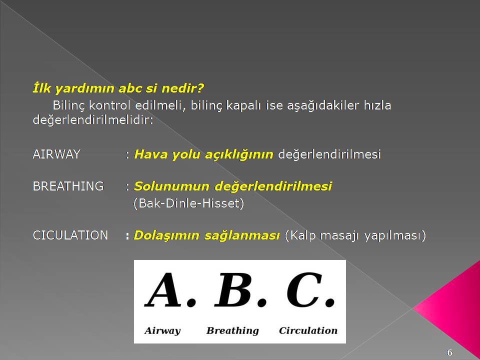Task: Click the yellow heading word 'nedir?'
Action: pos(182,88)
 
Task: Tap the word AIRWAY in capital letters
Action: pos(56,154)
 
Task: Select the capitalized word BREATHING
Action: pos(68,186)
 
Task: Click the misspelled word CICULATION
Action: pos(70,235)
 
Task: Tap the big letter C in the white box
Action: pos(304,289)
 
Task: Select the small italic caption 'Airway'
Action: pos(162,330)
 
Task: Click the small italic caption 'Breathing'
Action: pos(232,330)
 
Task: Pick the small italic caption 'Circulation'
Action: pos(308,330)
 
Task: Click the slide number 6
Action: pos(449,352)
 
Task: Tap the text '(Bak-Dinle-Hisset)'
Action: pos(188,203)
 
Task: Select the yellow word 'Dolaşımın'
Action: pos(166,235)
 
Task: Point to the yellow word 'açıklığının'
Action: pos(239,154)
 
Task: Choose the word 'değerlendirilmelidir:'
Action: pos(93,120)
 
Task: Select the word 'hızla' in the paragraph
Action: pos(377,105)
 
